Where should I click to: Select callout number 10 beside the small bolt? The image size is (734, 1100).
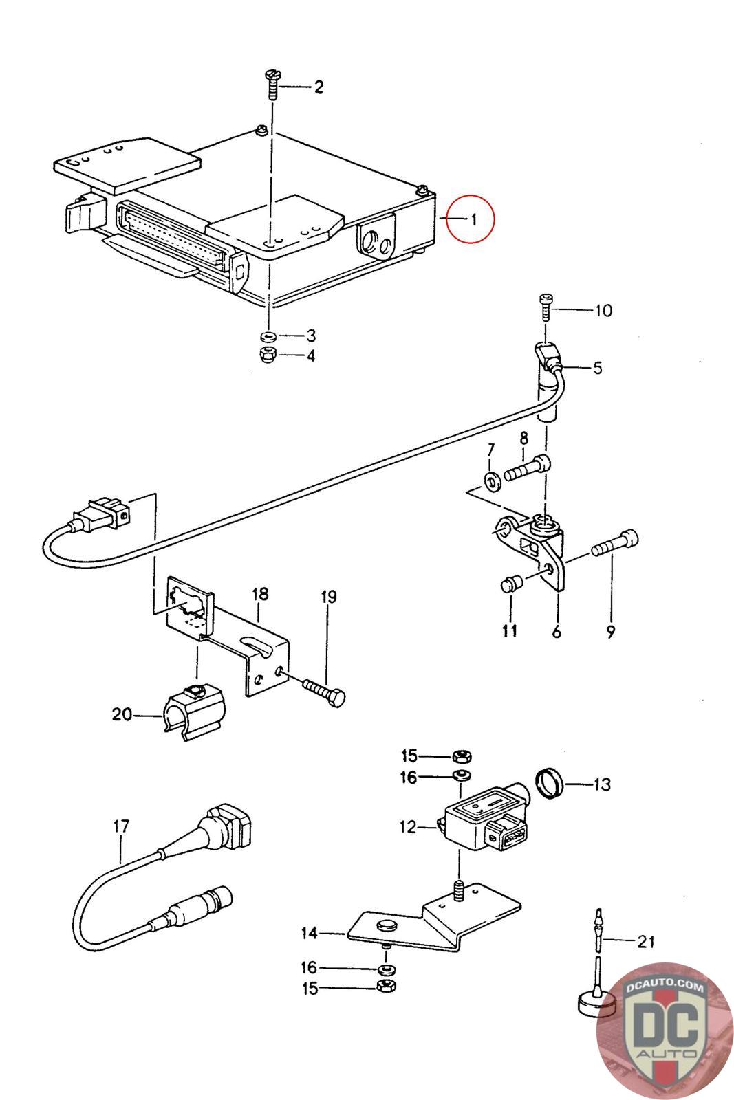pyautogui.click(x=602, y=311)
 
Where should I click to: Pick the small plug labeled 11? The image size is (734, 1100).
pyautogui.click(x=510, y=586)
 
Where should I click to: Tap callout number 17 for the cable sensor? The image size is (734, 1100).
pyautogui.click(x=121, y=826)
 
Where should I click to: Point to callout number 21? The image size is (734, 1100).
pyautogui.click(x=645, y=941)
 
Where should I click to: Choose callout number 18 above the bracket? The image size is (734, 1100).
pyautogui.click(x=259, y=593)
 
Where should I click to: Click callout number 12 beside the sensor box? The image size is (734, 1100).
pyautogui.click(x=408, y=826)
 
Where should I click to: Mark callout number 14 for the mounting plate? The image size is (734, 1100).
pyautogui.click(x=309, y=933)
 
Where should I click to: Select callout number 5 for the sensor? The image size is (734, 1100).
pyautogui.click(x=596, y=368)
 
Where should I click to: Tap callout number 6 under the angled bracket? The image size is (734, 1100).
pyautogui.click(x=556, y=630)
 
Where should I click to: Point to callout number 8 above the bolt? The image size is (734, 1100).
pyautogui.click(x=523, y=438)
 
